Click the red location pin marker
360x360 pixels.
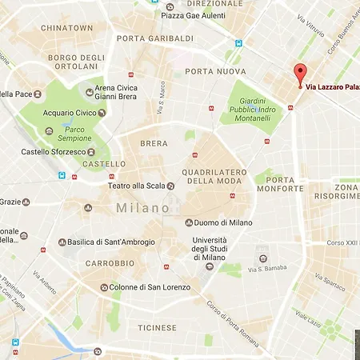click(x=301, y=73)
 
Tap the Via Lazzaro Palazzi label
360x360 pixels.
click(x=332, y=86)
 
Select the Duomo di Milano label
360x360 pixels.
click(x=223, y=222)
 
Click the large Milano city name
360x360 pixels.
click(x=142, y=207)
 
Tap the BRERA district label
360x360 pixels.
click(x=154, y=144)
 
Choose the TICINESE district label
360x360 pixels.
click(x=157, y=327)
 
